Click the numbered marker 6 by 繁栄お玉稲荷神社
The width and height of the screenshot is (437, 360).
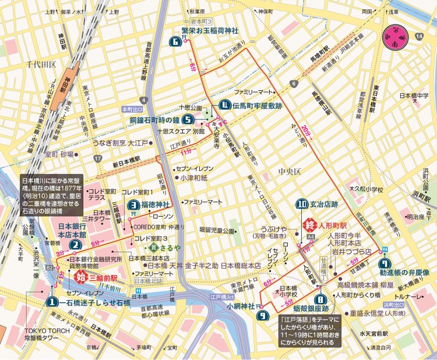pyautogui.click(x=177, y=41)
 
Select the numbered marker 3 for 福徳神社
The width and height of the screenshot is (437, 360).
pyautogui.click(x=134, y=204)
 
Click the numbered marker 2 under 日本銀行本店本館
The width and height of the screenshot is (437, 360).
pyautogui.click(x=76, y=245)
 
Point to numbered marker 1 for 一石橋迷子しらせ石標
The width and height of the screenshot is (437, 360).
pyautogui.click(x=53, y=302)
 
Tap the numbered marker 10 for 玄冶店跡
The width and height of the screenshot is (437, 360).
pyautogui.click(x=302, y=204)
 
